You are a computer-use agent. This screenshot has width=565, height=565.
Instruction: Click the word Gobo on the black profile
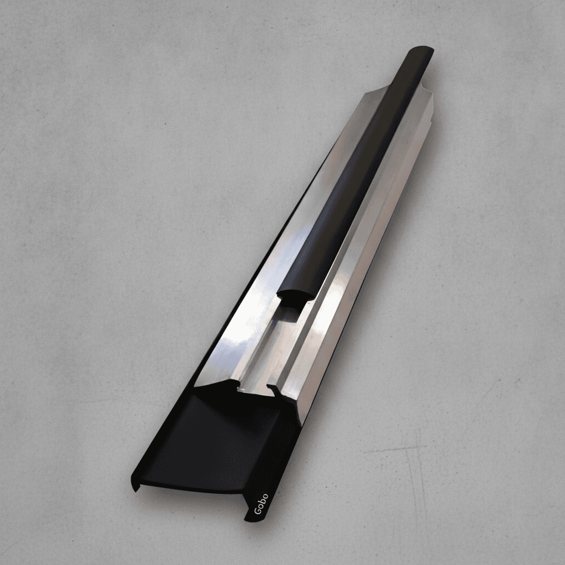click(261, 503)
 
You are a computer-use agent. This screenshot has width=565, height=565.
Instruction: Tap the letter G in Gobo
click(258, 510)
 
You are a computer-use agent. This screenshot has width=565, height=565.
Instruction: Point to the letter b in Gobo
click(262, 501)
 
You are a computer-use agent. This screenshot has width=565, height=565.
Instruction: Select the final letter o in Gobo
click(265, 496)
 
